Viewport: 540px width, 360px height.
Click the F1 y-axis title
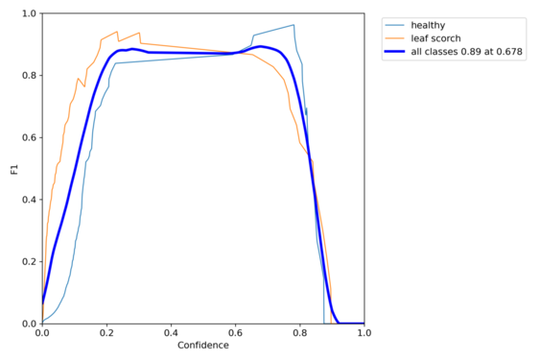[13, 169]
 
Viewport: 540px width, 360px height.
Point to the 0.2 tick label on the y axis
[29, 262]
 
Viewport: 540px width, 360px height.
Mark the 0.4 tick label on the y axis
[29, 200]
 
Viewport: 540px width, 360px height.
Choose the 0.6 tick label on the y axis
[29, 137]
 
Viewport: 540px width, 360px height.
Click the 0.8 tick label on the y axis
[29, 76]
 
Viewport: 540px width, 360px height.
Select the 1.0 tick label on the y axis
[29, 14]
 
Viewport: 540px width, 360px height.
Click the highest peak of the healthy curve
[293, 25]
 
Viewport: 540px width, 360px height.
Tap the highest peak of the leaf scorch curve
[117, 32]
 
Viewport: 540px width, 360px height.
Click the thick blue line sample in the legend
[394, 52]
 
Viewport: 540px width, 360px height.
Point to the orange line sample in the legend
[394, 38]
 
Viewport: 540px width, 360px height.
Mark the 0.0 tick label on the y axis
[29, 324]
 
